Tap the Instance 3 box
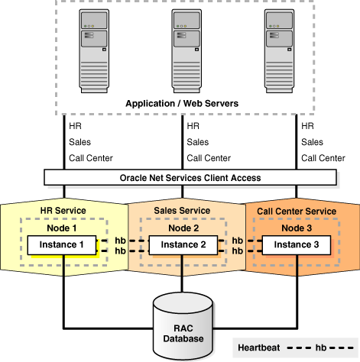tap(295, 244)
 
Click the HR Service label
tap(63, 211)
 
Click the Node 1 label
tap(63, 227)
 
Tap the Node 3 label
tap(295, 227)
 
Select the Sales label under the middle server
tap(198, 142)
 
